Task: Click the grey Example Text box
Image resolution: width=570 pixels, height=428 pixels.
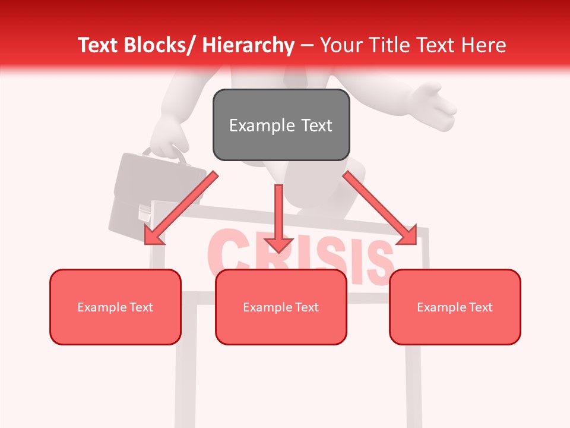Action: pos(281,125)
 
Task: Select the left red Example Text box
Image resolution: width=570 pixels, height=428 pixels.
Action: pos(115,307)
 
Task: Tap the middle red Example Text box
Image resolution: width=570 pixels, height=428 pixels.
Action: pos(281,307)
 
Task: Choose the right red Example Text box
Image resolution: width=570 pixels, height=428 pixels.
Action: pos(455,307)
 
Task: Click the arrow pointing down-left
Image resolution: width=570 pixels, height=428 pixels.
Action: pos(181,209)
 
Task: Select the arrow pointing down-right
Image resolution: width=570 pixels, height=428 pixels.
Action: pos(380,208)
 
